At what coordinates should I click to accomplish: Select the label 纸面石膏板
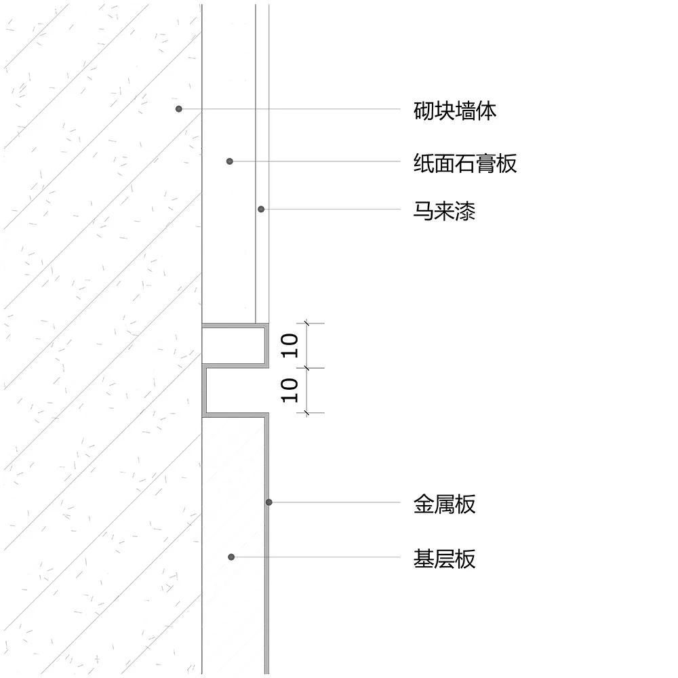tap(465, 163)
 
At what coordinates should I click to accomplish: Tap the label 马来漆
tap(445, 211)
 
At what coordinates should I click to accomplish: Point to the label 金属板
tap(445, 504)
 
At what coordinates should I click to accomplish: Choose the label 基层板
tap(445, 559)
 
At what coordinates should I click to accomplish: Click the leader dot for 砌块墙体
tap(179, 108)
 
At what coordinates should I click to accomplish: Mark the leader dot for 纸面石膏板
tap(230, 161)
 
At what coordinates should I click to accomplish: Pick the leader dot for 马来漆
tap(261, 209)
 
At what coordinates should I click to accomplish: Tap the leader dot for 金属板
tap(269, 502)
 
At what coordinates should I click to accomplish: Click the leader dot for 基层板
tap(231, 557)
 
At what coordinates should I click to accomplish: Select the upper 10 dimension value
tap(290, 346)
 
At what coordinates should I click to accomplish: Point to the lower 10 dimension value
tap(290, 391)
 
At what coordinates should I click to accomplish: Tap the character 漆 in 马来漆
tap(466, 211)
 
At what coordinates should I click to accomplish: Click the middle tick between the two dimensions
tap(306, 368)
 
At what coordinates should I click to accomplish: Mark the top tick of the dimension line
tap(306, 324)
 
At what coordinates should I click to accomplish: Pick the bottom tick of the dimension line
tap(306, 412)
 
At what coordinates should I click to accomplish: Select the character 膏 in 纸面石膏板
tap(486, 163)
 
